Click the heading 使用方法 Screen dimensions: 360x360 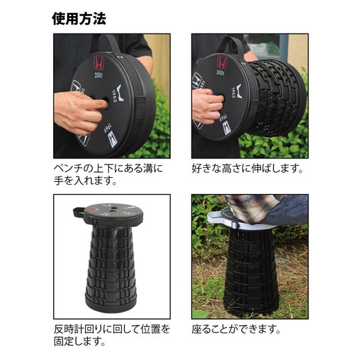79,19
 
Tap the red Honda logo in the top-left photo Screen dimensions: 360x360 99,63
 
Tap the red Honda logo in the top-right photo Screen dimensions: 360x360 222,62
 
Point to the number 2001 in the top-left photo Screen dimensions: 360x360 99,75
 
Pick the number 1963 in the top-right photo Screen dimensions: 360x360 234,93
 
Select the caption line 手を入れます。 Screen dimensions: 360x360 85,181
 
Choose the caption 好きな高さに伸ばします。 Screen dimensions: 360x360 247,169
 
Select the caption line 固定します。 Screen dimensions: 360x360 80,341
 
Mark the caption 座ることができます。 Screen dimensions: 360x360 236,329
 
